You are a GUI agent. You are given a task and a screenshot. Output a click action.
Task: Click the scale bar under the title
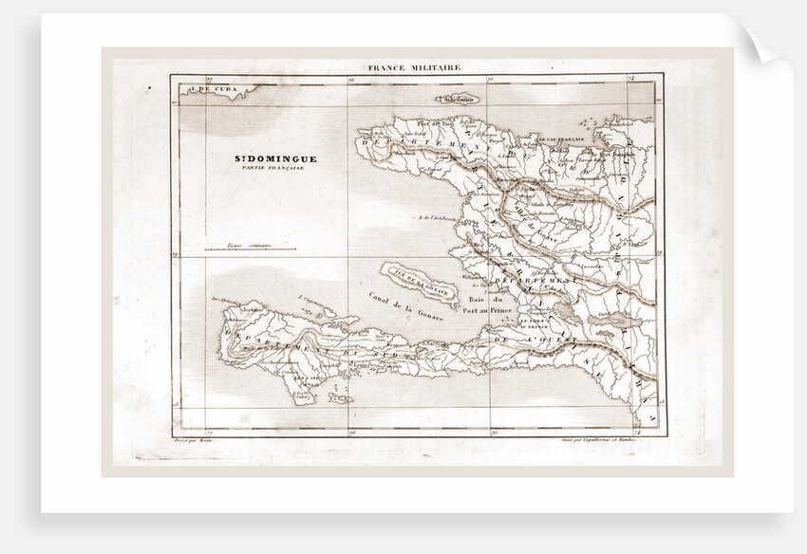point(260,249)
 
